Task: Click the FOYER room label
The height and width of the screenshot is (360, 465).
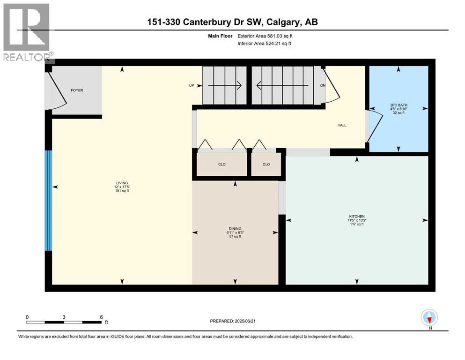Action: pos(77,90)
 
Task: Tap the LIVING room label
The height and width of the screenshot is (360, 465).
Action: pos(122,183)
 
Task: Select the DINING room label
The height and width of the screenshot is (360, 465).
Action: pos(235,228)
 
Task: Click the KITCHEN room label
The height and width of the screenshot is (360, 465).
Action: pos(356,216)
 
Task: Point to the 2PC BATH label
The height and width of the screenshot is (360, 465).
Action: pos(399,105)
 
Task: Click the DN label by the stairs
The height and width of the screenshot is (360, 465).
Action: pos(322,86)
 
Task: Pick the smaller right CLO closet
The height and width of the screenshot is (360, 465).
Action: pos(266,165)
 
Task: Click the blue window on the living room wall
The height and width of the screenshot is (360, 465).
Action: pos(48,201)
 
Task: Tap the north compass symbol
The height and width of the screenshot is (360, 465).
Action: pos(429,318)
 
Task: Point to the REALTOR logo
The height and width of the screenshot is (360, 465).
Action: pos(27,33)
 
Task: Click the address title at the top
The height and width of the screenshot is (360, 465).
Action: pos(232,22)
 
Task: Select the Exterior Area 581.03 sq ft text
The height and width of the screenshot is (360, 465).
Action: pos(266,36)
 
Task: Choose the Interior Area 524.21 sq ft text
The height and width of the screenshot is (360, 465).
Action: pos(266,44)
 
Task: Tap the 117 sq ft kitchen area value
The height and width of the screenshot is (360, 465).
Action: pos(356,225)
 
